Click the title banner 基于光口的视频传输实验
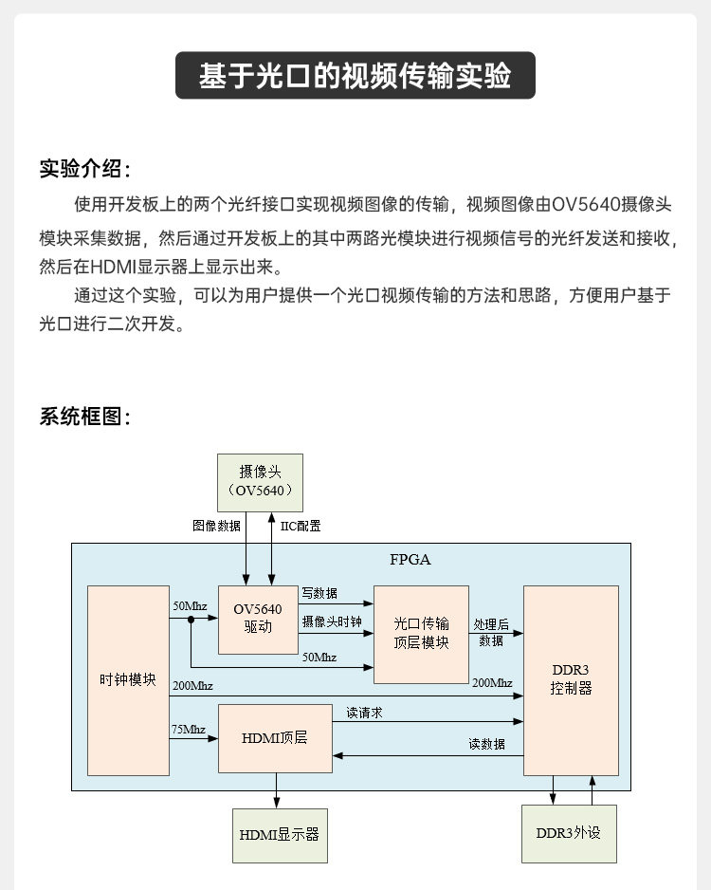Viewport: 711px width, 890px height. (355, 76)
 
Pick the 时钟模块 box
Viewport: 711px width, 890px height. (128, 679)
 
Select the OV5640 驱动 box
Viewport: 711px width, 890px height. (258, 619)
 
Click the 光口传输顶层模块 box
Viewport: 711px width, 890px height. (421, 634)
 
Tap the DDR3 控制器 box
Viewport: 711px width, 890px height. (571, 679)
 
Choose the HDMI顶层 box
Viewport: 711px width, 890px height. (275, 737)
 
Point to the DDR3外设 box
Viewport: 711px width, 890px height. (569, 833)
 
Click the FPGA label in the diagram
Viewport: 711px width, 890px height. (410, 559)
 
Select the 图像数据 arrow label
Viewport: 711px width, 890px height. (216, 526)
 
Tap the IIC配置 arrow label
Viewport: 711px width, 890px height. (301, 526)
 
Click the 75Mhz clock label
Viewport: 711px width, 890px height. (189, 729)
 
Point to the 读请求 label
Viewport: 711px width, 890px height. (365, 713)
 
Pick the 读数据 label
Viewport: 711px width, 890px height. (487, 744)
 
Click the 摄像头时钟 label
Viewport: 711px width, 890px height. (332, 621)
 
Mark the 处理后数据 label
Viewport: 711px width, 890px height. (491, 632)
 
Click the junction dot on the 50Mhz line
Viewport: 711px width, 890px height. (191, 620)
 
